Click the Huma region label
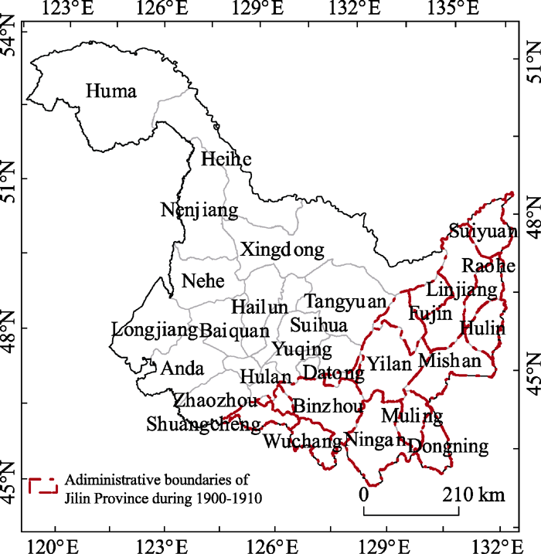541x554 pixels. click(111, 92)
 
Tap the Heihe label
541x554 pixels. click(226, 159)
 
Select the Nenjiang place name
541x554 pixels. click(199, 210)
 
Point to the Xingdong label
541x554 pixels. click(282, 250)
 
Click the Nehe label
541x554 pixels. click(202, 280)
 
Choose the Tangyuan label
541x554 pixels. click(344, 301)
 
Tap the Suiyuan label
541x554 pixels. click(482, 231)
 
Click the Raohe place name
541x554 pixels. click(488, 266)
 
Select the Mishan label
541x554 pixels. click(449, 361)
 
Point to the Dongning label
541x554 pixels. click(448, 446)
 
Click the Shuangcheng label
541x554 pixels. click(203, 425)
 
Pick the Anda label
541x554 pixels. click(182, 369)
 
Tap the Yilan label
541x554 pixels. click(390, 364)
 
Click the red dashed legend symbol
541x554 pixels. click(44, 486)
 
